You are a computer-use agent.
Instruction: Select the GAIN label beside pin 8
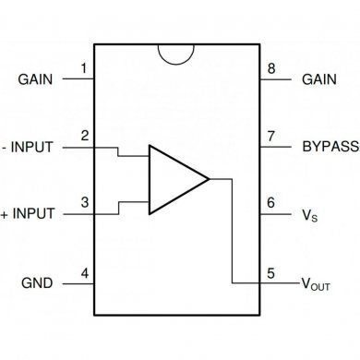click(320, 79)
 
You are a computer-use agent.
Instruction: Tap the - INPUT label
click(30, 147)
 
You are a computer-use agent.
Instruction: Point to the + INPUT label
click(30, 214)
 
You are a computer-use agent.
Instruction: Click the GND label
click(37, 282)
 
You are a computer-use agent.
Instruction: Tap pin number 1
click(84, 69)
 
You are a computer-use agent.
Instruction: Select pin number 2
click(84, 137)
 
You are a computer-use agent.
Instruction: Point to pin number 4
click(84, 272)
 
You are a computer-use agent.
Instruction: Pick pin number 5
click(270, 272)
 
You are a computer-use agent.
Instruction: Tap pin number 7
click(270, 137)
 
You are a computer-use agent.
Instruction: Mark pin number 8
click(270, 69)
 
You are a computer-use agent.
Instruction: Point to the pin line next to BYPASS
click(275, 147)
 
